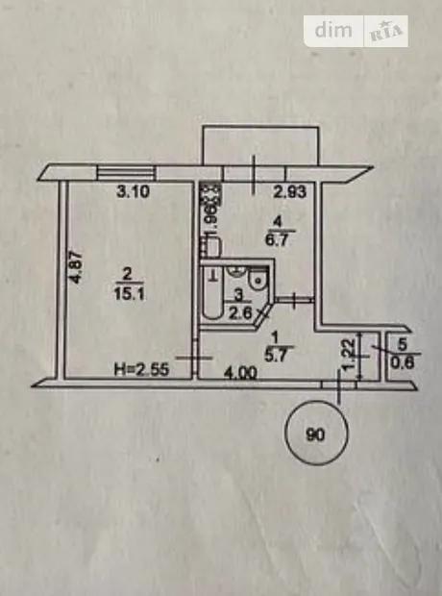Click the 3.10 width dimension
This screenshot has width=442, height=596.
pos(133,191)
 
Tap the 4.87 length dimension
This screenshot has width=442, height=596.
pos(76,266)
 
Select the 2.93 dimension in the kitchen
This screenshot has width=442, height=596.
pos(290,192)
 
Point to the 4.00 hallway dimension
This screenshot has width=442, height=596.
pos(240,373)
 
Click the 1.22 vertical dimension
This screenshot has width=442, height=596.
pos(350,356)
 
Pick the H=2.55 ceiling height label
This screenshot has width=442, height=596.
pos(142,369)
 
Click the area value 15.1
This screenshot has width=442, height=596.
pos(129,293)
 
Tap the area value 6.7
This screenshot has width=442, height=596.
pos(277,240)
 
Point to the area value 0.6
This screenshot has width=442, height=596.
pos(403,363)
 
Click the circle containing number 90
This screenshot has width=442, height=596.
pos(316,434)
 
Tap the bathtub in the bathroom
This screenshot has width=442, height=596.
pos(212,291)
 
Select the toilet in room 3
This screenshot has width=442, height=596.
pos(258,279)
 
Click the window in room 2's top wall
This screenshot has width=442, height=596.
pos(126,173)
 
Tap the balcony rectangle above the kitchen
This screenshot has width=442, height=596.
pos(260,145)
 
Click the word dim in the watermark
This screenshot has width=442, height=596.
pos(333,30)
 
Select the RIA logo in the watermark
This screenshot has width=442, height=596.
pos(386,31)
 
